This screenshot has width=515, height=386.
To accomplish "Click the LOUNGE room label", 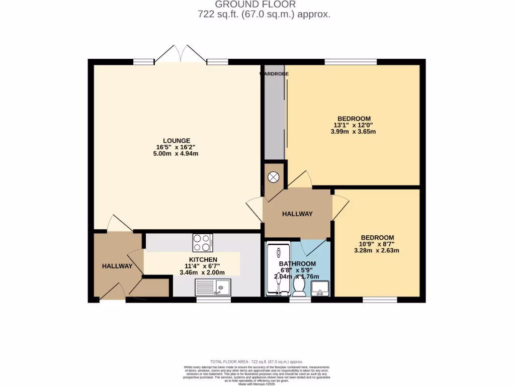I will point(176,140).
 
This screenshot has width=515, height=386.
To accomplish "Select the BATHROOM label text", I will point(298,264).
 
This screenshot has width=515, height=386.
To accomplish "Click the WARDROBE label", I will point(274,74).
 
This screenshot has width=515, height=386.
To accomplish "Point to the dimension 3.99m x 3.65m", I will point(353,132).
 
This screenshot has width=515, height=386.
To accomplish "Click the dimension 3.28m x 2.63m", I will point(377,250).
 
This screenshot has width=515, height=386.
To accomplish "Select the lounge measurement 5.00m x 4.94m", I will point(176,154).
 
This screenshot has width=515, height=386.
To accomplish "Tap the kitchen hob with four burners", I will point(203,243).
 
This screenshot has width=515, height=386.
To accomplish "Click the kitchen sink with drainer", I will point(213,287).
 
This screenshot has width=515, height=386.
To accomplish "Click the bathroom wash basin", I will point(320,288).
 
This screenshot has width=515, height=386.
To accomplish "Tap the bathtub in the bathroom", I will point(278,270).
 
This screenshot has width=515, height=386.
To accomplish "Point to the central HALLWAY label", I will point(297,214).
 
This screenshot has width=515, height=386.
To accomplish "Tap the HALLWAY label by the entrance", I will point(117,266).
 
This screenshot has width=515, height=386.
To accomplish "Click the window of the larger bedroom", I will point(351,62).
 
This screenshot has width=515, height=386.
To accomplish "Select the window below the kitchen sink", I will point(213,300).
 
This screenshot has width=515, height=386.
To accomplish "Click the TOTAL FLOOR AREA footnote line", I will point(257,361).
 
